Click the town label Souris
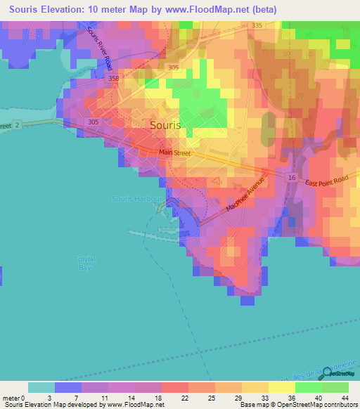click(x=166, y=125)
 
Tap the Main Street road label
click(x=175, y=152)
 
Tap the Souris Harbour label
click(x=137, y=199)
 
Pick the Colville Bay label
click(x=84, y=264)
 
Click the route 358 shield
click(x=115, y=79)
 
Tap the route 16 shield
click(x=291, y=178)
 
